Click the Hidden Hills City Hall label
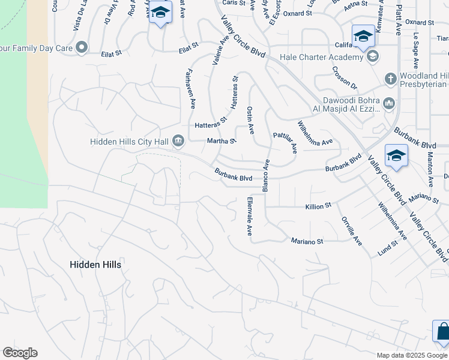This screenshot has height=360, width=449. [x=128, y=142]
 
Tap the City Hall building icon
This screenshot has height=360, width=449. [x=178, y=141]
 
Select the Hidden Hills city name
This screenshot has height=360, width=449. [x=95, y=265]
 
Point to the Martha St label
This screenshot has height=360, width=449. [x=220, y=141]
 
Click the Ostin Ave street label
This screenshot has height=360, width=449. [x=250, y=120]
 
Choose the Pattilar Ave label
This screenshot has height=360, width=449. [x=285, y=143]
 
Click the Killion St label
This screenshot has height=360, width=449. [x=319, y=206]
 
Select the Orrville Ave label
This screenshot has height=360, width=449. [x=352, y=231]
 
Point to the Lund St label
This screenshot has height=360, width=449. [x=388, y=245]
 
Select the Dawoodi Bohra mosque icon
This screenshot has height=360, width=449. [x=389, y=104]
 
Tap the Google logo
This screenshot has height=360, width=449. [x=20, y=353]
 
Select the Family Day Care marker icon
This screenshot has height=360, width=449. [x=82, y=47]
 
